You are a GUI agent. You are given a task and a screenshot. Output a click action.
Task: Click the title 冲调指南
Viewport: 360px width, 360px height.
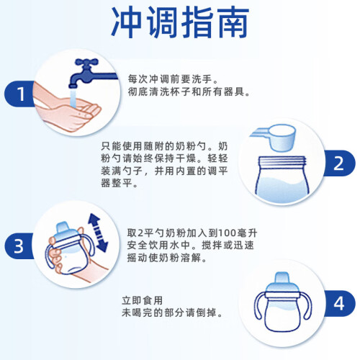(180, 22)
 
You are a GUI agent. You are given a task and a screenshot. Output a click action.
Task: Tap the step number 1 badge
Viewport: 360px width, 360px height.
(20, 94)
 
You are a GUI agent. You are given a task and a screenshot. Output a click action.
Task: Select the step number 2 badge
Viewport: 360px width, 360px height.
(339, 163)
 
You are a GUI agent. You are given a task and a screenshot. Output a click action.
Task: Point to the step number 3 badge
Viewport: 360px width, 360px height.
(19, 246)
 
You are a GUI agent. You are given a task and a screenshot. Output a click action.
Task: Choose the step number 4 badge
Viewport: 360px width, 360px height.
(339, 303)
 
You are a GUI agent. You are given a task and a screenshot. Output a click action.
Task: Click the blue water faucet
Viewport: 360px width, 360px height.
(92, 73)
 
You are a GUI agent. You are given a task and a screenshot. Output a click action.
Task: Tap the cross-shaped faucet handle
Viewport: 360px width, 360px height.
(86, 63)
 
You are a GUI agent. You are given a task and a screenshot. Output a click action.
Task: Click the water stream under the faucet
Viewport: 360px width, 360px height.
(73, 99)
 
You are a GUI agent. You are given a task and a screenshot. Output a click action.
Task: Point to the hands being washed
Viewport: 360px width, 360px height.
(66, 109)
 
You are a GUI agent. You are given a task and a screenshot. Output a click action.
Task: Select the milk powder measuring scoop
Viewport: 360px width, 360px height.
(276, 137)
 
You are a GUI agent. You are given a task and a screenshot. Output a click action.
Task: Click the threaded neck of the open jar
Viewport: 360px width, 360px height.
(282, 161)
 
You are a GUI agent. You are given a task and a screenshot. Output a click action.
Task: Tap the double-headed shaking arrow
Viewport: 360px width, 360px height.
(98, 233)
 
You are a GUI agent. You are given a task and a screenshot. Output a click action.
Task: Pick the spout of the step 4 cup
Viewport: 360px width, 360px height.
(282, 279)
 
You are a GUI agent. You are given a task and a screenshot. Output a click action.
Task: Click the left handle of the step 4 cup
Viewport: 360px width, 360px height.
(260, 305)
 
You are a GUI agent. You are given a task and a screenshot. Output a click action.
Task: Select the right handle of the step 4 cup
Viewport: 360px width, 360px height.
(306, 305)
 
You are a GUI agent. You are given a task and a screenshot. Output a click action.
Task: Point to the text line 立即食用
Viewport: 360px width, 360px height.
(143, 300)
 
